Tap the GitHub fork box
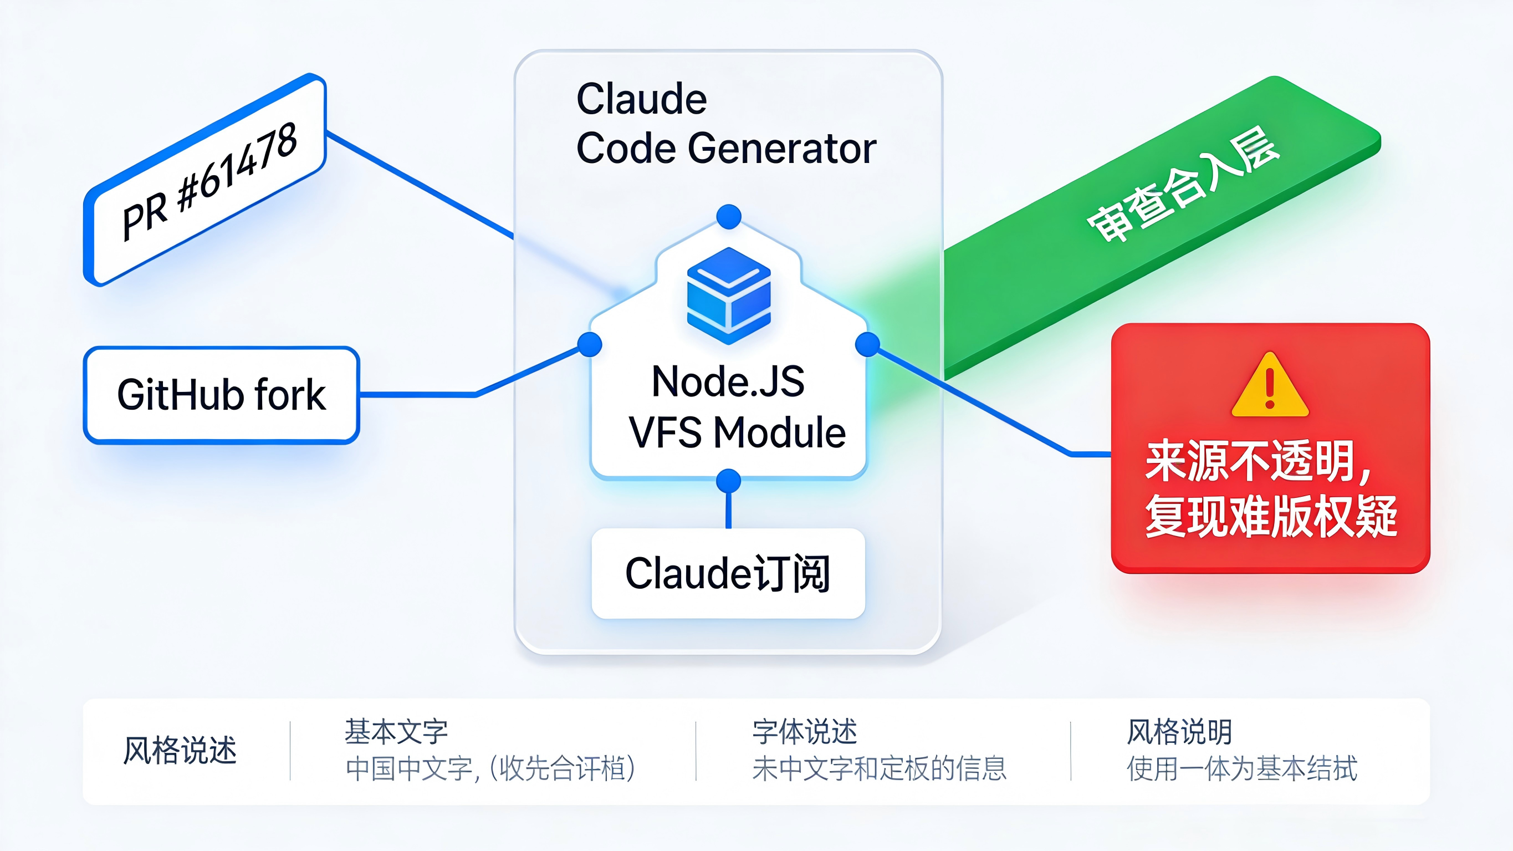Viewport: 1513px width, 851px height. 222,394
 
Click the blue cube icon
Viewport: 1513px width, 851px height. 728,295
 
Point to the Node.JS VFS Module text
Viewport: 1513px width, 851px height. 734,407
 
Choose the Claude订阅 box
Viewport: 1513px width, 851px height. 728,573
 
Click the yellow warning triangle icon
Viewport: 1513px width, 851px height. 1270,385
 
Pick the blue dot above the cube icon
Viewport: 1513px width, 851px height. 729,216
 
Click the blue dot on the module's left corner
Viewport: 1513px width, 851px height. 590,344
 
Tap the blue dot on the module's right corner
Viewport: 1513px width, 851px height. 867,344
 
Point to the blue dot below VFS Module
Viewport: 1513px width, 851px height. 729,481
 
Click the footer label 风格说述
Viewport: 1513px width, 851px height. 180,751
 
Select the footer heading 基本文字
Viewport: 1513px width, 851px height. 396,732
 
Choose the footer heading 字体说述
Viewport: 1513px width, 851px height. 805,732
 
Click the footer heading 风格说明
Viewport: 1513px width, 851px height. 1179,732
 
